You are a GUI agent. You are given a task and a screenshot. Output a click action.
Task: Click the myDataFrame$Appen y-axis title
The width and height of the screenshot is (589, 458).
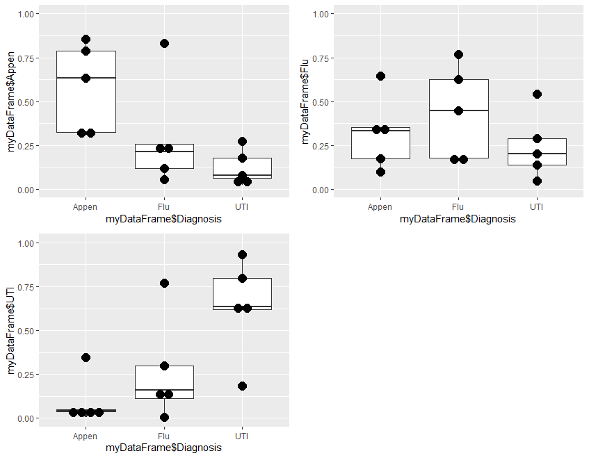click(11, 101)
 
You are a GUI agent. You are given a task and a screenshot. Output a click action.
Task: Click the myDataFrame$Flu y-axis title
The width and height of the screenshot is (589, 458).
click(306, 101)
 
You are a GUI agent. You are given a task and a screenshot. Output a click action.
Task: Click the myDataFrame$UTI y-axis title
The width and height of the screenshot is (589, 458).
click(11, 330)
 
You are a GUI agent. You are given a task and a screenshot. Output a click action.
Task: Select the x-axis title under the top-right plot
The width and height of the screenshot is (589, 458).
click(458, 219)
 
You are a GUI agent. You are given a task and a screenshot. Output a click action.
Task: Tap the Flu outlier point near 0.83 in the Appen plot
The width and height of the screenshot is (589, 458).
click(164, 43)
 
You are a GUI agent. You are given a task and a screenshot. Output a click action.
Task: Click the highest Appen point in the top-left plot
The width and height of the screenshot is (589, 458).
click(86, 39)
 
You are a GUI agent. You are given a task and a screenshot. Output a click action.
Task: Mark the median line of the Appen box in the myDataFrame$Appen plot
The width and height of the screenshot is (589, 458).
click(86, 78)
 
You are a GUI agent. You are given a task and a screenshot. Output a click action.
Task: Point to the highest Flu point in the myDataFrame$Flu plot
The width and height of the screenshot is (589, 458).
click(458, 54)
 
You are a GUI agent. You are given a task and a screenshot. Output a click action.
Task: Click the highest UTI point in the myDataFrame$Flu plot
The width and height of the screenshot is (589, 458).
click(537, 94)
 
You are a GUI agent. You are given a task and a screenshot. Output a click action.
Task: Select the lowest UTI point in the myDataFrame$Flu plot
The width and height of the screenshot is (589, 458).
click(537, 181)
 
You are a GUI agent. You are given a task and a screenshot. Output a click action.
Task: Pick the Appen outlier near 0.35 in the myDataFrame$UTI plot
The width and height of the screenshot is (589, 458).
click(86, 357)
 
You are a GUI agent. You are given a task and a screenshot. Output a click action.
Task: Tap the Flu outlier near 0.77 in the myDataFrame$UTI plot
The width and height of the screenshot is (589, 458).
click(164, 283)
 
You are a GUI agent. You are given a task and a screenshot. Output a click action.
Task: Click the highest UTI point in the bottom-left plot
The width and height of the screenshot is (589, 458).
click(242, 254)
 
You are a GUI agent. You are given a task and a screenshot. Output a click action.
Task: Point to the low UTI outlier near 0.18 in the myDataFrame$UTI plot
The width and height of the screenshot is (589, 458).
click(242, 386)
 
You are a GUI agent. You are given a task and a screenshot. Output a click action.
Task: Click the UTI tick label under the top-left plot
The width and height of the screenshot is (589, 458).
click(242, 206)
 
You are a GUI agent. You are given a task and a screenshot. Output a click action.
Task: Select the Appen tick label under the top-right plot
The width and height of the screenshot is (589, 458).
click(380, 206)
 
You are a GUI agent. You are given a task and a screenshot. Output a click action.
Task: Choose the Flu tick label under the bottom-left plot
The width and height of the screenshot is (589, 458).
click(164, 436)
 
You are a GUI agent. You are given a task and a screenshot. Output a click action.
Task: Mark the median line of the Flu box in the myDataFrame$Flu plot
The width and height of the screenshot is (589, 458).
click(458, 111)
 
